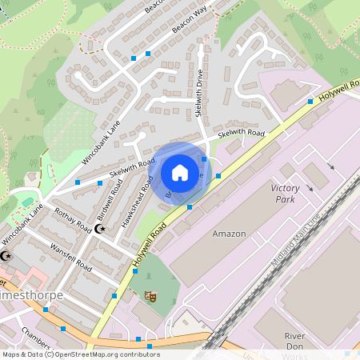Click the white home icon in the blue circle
pyautogui.click(x=180, y=172)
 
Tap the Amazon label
pyautogui.click(x=229, y=234)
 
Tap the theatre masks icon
pyautogui.click(x=149, y=296)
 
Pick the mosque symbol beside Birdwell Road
pyautogui.click(x=100, y=229)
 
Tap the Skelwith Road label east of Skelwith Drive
pyautogui.click(x=241, y=134)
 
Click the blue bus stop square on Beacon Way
pyautogui.click(x=147, y=54)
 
